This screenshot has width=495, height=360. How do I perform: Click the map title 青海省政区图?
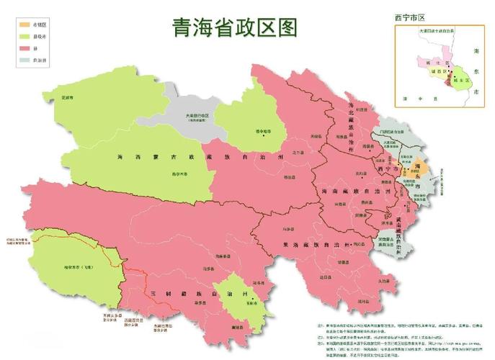[x=234, y=27]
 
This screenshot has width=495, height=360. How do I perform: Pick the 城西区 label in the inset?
[x=437, y=71]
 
